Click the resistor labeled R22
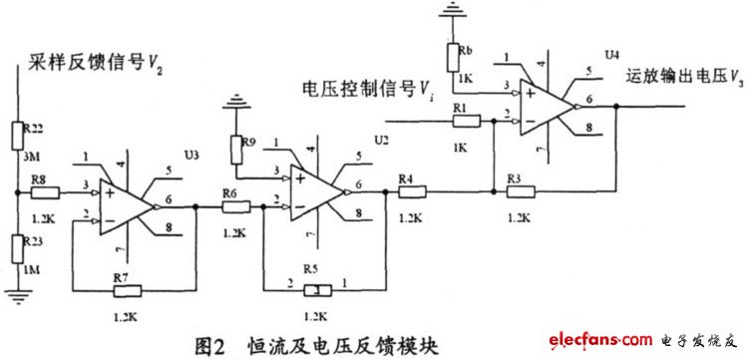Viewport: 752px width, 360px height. point(18,135)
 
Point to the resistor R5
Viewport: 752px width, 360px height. point(314,289)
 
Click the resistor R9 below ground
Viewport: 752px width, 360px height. point(237,151)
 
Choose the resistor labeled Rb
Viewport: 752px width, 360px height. point(455,52)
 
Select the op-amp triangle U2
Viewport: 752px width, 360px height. point(317,187)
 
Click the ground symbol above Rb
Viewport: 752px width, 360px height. point(454,11)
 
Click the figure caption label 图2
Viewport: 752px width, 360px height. point(214,345)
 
